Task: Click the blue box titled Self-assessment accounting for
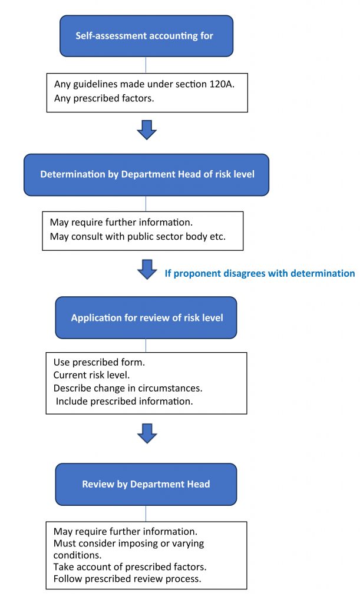point(146,36)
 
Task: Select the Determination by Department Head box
point(146,174)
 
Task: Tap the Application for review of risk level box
point(146,317)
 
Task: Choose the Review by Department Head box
point(146,484)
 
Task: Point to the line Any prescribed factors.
point(104,98)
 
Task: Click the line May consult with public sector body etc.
point(138,237)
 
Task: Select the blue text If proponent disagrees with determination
point(260,273)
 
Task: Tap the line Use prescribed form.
point(99,362)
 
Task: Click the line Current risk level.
point(91,375)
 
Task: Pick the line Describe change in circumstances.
point(128,388)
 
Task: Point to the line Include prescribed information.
point(124,401)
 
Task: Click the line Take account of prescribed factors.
point(130,567)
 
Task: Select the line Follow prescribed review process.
point(127,579)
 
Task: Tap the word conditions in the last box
point(77,555)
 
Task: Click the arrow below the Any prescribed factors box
point(147,130)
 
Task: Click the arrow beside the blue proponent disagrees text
point(147,269)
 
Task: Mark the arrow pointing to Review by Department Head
point(147,434)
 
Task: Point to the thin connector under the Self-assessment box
point(146,65)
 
